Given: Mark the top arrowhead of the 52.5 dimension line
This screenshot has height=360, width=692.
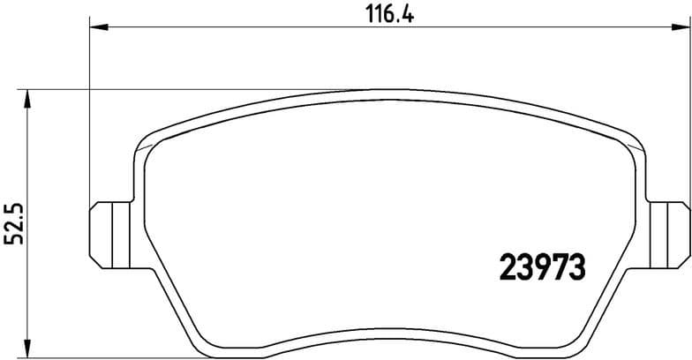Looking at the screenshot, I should tap(28, 96).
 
